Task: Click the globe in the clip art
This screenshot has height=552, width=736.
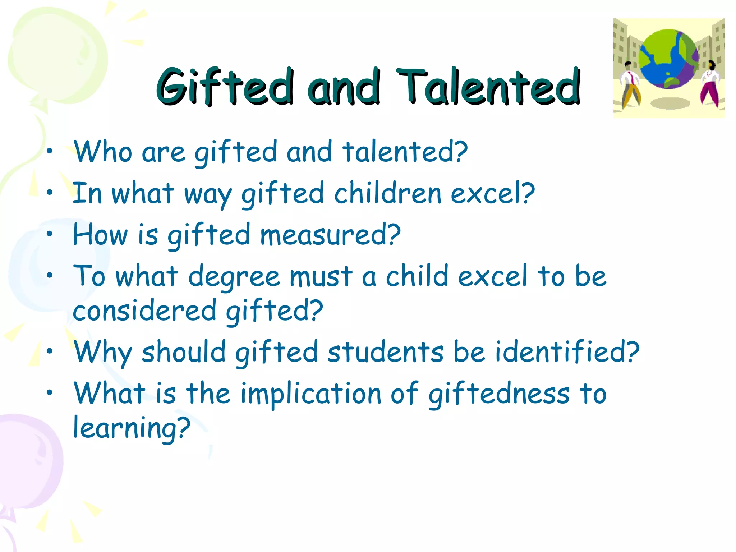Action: click(x=668, y=59)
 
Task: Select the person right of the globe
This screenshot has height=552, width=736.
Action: click(x=710, y=85)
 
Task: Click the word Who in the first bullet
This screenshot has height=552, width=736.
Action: click(x=102, y=152)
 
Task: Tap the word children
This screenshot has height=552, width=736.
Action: click(x=387, y=193)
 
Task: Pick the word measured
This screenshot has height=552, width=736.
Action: click(x=330, y=235)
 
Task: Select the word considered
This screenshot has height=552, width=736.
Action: click(x=144, y=311)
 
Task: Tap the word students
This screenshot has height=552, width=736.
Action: click(x=386, y=352)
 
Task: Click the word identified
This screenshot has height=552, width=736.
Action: click(x=567, y=352)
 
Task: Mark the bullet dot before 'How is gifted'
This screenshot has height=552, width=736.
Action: click(x=50, y=234)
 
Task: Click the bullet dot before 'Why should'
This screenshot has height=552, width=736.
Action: click(x=50, y=351)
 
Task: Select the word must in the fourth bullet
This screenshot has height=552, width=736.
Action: click(x=321, y=277)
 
